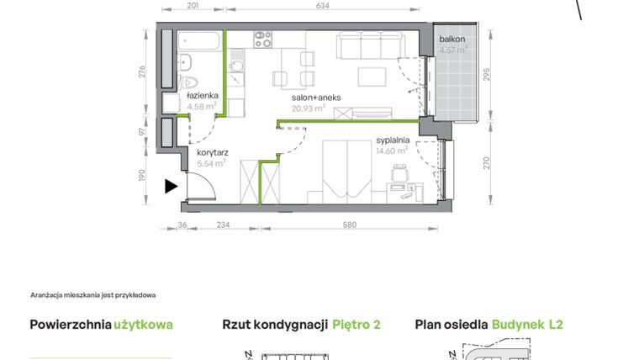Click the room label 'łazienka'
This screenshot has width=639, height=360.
[x=203, y=96]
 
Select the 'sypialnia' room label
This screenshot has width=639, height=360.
[x=392, y=140]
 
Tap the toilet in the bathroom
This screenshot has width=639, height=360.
[x=189, y=83]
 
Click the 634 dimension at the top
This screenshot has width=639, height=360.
[x=321, y=7]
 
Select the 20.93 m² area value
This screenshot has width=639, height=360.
[x=308, y=108]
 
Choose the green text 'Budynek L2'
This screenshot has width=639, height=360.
[x=527, y=325]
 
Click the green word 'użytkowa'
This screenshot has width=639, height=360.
[x=144, y=325]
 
